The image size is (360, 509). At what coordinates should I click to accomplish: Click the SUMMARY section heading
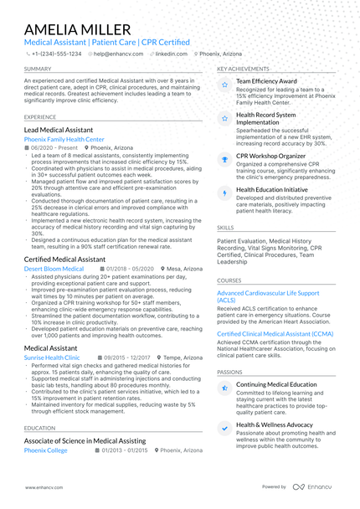click(x=38, y=69)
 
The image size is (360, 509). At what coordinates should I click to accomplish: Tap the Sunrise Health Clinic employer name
click(x=53, y=357)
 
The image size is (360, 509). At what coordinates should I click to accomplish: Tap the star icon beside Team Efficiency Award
click(x=224, y=85)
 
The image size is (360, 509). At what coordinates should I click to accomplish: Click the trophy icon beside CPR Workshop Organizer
click(x=224, y=158)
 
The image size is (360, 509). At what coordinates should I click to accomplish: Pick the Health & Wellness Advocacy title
click(x=275, y=424)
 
